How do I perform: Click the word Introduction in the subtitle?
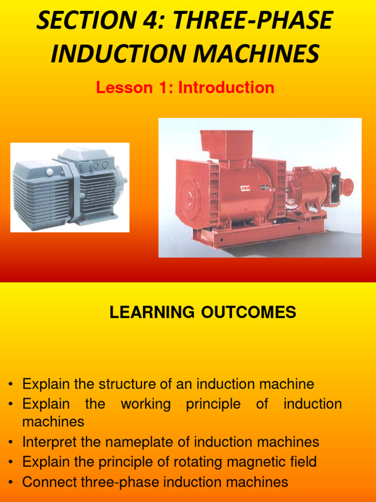(226, 88)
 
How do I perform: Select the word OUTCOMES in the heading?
(248, 312)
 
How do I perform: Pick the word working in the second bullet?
(145, 404)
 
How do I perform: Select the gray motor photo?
(70, 187)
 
